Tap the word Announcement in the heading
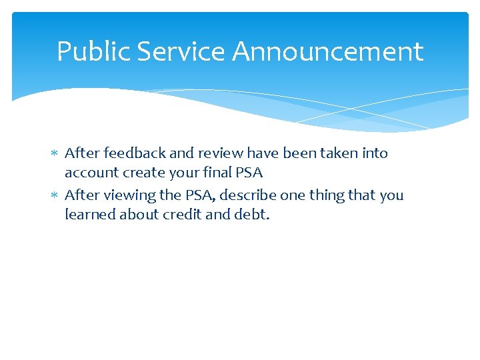[328, 52]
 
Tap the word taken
[339, 153]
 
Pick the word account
[89, 173]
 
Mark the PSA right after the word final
[249, 173]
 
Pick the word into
[374, 153]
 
